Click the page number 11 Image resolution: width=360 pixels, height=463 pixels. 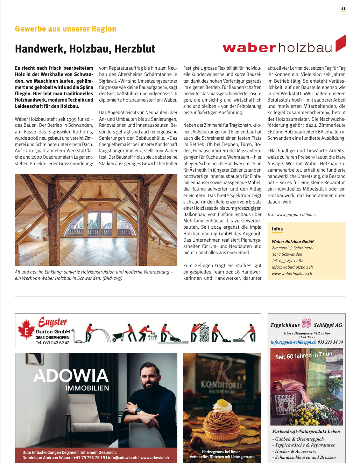point(343,9)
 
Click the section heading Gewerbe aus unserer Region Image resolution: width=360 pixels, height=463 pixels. point(65,29)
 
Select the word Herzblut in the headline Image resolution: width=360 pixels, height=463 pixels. point(135,49)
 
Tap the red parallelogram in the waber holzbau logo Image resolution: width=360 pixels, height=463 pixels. point(340,43)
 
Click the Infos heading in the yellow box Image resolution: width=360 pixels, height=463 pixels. point(277,229)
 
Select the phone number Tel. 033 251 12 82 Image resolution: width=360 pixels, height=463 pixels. point(288,261)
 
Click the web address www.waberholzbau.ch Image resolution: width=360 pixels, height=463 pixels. point(292,274)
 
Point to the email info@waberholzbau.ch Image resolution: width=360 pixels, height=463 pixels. point(292,267)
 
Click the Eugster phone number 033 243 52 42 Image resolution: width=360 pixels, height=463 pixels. point(56,343)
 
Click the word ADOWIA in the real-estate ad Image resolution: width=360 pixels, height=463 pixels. point(71,375)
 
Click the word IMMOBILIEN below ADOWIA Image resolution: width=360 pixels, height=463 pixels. point(87,388)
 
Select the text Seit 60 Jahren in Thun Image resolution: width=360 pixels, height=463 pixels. point(303,355)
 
